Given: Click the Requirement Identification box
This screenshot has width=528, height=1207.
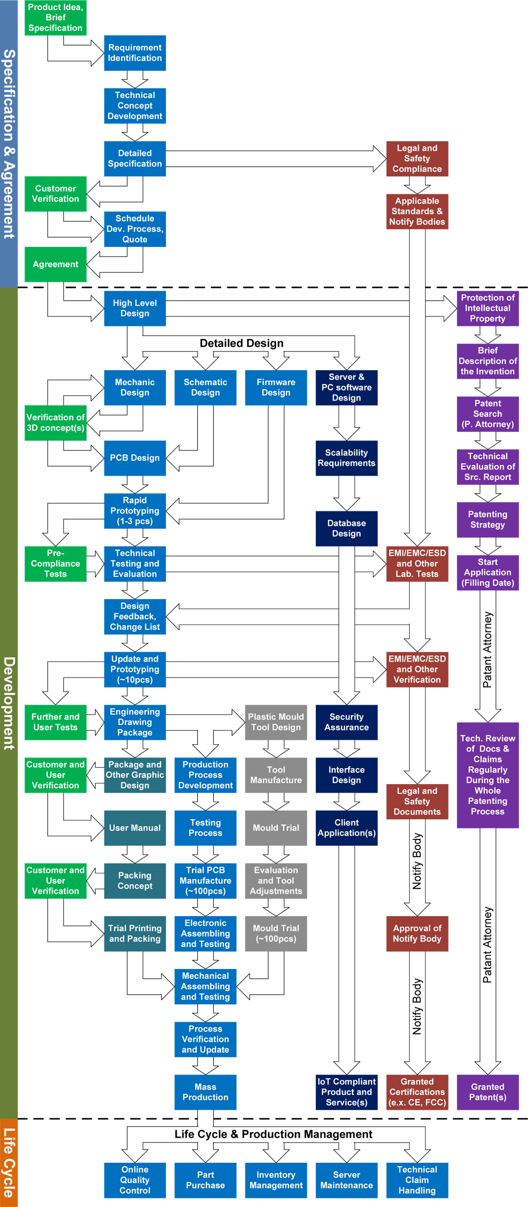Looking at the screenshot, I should (135, 53).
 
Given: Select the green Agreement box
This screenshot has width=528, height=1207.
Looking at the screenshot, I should (55, 264).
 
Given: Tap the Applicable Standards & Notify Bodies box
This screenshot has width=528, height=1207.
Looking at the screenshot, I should (417, 211).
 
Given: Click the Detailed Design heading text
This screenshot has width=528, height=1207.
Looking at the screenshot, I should (242, 344).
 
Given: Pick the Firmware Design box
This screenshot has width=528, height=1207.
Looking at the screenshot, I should (276, 388).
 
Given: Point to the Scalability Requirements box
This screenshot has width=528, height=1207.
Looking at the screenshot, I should (347, 458).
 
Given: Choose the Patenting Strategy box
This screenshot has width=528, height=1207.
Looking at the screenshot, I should (487, 520).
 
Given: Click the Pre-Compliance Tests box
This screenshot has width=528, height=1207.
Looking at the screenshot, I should (55, 564).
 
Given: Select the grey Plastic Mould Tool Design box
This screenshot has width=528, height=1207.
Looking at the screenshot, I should (276, 722).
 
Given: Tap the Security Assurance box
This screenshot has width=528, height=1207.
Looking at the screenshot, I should (347, 722).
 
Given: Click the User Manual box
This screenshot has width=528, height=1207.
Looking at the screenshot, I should (135, 828).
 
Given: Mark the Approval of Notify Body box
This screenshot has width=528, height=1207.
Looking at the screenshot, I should (417, 934).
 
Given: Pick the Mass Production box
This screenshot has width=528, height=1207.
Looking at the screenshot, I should (205, 1092).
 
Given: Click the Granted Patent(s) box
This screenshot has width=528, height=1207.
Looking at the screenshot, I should (487, 1092).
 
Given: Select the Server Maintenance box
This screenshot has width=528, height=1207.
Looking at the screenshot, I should (347, 1180).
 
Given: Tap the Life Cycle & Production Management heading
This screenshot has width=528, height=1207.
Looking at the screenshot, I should (273, 1135).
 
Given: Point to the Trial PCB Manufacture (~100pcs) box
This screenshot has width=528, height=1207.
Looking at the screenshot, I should (205, 881).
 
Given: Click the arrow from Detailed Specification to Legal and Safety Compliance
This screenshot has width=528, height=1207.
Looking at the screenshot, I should (275, 159).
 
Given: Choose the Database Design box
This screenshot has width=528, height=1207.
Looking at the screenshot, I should (347, 528).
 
